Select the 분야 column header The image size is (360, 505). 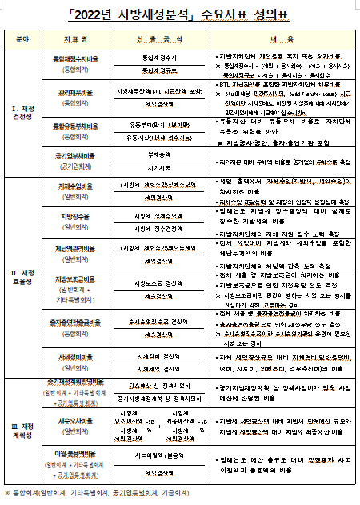(x=22, y=38)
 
